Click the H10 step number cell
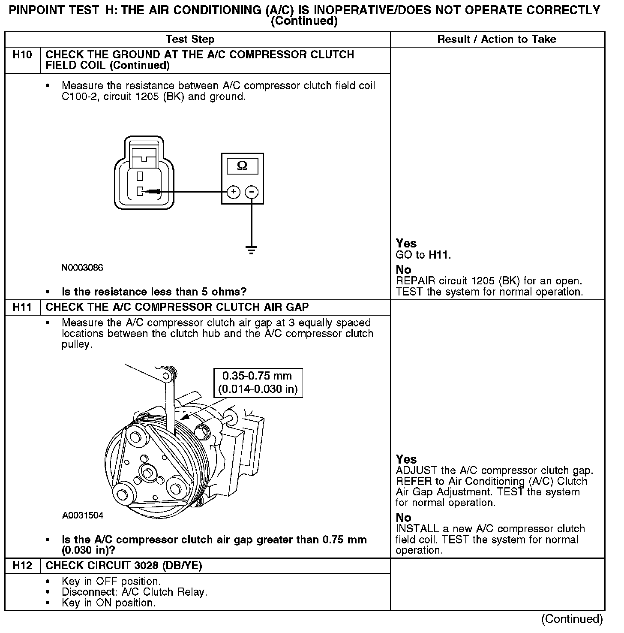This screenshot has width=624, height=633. click(x=22, y=55)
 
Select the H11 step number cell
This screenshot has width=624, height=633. click(x=22, y=307)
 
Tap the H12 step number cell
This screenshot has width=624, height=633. click(x=22, y=566)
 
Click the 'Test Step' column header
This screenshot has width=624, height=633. click(x=190, y=39)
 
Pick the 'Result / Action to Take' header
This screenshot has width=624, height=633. click(x=496, y=39)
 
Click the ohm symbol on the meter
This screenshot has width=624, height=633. click(x=242, y=166)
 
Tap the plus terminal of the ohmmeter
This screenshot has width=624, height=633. click(x=233, y=192)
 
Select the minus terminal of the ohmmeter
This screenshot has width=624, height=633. click(x=252, y=192)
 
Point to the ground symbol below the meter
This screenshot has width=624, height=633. click(x=252, y=250)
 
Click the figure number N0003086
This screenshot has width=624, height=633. click(x=82, y=268)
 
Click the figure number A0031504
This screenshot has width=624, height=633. click(x=83, y=515)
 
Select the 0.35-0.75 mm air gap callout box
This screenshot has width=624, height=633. click(x=258, y=383)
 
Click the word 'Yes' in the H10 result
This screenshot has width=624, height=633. click(x=406, y=244)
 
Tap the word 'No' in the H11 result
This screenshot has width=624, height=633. click(x=403, y=518)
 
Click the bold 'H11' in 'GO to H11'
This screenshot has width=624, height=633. click(x=438, y=255)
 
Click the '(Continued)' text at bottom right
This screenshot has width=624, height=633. click(x=572, y=619)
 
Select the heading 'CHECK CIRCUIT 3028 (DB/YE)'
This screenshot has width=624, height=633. click(x=124, y=566)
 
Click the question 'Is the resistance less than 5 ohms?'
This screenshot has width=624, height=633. click(x=154, y=292)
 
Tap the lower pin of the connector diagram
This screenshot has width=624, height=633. click(x=140, y=191)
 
